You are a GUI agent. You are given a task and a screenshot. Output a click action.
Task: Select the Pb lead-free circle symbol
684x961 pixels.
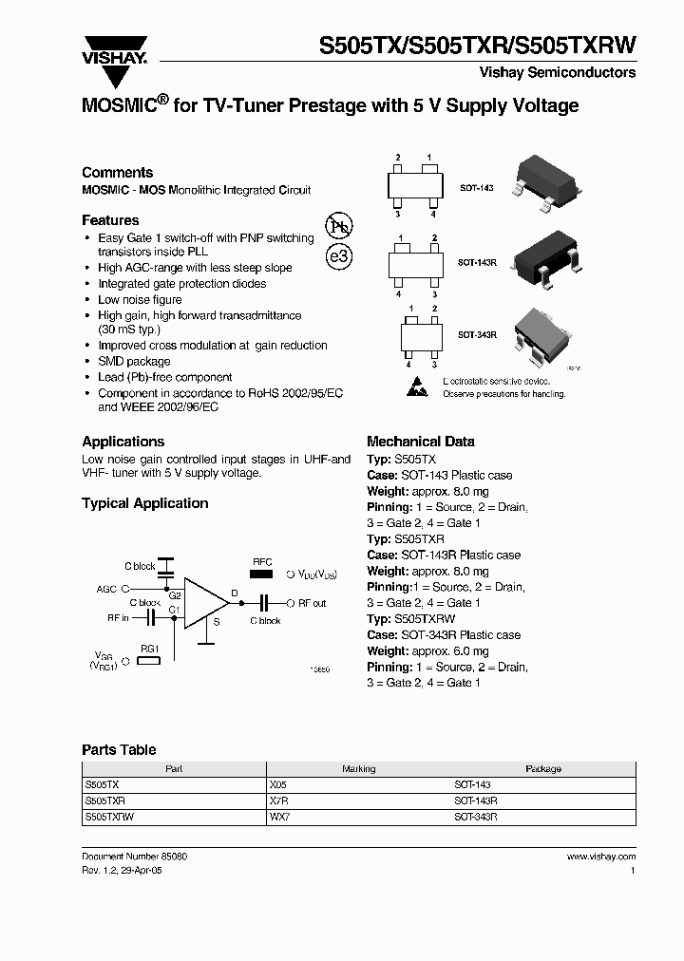pyautogui.click(x=338, y=226)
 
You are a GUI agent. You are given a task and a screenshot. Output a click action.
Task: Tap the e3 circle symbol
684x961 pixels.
pyautogui.click(x=338, y=256)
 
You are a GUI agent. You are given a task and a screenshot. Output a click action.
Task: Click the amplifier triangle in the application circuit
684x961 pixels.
pyautogui.click(x=205, y=602)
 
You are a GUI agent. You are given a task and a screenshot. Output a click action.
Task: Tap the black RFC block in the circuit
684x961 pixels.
pyautogui.click(x=261, y=574)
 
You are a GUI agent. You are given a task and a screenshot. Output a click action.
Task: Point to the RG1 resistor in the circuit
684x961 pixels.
pyautogui.click(x=150, y=660)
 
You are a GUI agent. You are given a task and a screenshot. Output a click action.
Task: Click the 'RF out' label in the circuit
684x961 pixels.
pyautogui.click(x=312, y=603)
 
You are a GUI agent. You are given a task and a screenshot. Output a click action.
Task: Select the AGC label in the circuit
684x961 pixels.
pyautogui.click(x=106, y=590)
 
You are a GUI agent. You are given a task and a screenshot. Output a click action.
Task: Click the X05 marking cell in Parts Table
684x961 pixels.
pyautogui.click(x=277, y=785)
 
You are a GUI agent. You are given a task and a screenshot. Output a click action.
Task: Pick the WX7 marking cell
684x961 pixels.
pyautogui.click(x=278, y=816)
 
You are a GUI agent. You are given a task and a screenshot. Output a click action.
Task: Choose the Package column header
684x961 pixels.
pyautogui.click(x=542, y=769)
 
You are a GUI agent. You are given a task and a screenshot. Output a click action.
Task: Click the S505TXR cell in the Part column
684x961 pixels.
pyautogui.click(x=104, y=801)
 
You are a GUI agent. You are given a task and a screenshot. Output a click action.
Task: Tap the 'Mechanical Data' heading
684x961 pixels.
pyautogui.click(x=420, y=442)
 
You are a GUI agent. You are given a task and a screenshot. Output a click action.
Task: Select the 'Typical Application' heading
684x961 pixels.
pyautogui.click(x=144, y=503)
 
